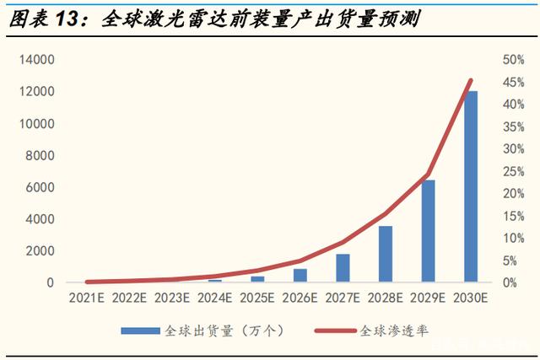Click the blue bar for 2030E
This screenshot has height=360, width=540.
470,186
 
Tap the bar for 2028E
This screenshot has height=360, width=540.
385,254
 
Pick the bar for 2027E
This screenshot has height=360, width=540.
343,268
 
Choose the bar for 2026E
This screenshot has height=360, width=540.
300,276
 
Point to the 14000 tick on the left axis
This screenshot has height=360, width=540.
38,60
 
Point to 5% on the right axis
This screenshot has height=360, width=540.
494,261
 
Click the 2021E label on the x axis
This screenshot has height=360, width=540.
87,298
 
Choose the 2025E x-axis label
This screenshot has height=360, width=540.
257,298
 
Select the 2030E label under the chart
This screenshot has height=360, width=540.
470,298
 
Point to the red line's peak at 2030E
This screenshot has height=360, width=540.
470,80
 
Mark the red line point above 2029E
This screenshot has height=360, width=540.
428,175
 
